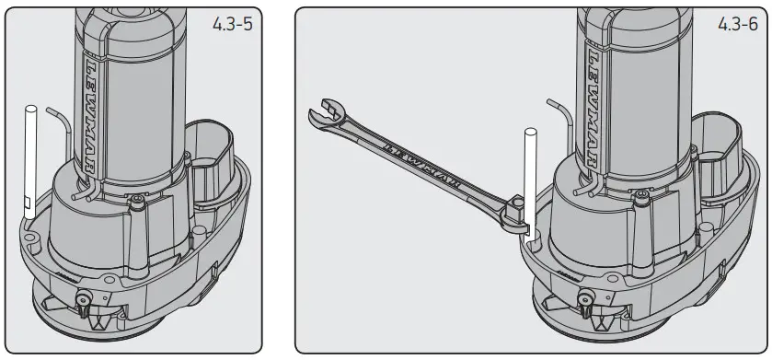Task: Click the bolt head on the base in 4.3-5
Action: tap(136, 200)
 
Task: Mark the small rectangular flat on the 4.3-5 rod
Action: tap(28, 202)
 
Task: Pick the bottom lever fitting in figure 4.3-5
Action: tap(83, 300)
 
